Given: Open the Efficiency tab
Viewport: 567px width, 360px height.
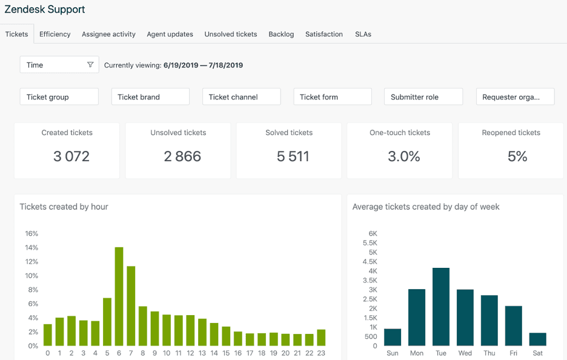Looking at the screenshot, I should pos(55,34).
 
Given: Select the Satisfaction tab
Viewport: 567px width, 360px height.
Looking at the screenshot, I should pos(324,34).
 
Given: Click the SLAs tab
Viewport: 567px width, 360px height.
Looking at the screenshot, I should pos(363,34).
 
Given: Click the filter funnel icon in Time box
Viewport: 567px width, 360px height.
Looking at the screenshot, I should pos(90,65).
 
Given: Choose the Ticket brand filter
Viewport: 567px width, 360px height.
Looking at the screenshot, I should pos(150,97).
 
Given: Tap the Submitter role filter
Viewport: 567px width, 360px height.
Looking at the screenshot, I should pos(423,97).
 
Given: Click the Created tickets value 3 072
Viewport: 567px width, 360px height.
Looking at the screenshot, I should pos(71,156).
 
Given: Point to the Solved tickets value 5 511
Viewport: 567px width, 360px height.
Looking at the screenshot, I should pos(293,156).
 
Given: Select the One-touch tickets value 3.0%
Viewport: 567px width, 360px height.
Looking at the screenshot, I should pos(404,156).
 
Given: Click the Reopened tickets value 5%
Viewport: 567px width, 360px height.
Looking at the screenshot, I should pos(517,156).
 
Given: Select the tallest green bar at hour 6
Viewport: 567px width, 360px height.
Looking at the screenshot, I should pos(119,296).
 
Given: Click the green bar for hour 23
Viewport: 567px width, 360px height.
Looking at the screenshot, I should pos(321,338).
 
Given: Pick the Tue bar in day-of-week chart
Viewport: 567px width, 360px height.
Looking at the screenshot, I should pos(441,307).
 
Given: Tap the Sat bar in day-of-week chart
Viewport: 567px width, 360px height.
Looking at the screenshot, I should pos(537,339).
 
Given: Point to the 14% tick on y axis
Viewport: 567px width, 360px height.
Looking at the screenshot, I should pos(31,247).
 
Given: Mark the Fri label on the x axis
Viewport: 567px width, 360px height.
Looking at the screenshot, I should pos(513,353).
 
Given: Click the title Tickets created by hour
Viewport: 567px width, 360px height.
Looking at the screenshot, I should pos(64,207).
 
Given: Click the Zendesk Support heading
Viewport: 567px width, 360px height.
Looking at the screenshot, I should pos(45,10).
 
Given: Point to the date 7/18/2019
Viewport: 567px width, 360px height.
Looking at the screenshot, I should pos(225,65).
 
